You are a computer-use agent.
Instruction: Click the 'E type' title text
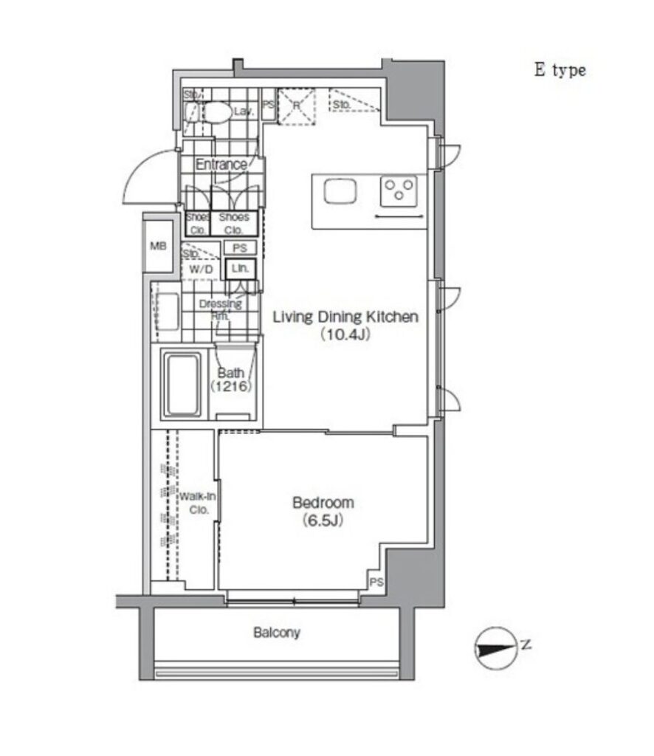[x=560, y=71]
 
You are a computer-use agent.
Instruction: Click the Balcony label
[x=277, y=633]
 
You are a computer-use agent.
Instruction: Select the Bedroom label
[x=323, y=503]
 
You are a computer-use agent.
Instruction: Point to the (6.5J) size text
[x=323, y=520]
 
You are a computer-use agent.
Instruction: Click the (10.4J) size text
[x=345, y=334]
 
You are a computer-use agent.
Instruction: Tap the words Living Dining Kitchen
[x=345, y=317]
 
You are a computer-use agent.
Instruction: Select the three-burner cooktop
[x=399, y=192]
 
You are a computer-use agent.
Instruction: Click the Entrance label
[x=221, y=165]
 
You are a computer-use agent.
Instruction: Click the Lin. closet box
[x=240, y=269]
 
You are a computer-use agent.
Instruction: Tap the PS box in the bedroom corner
[x=376, y=582]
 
